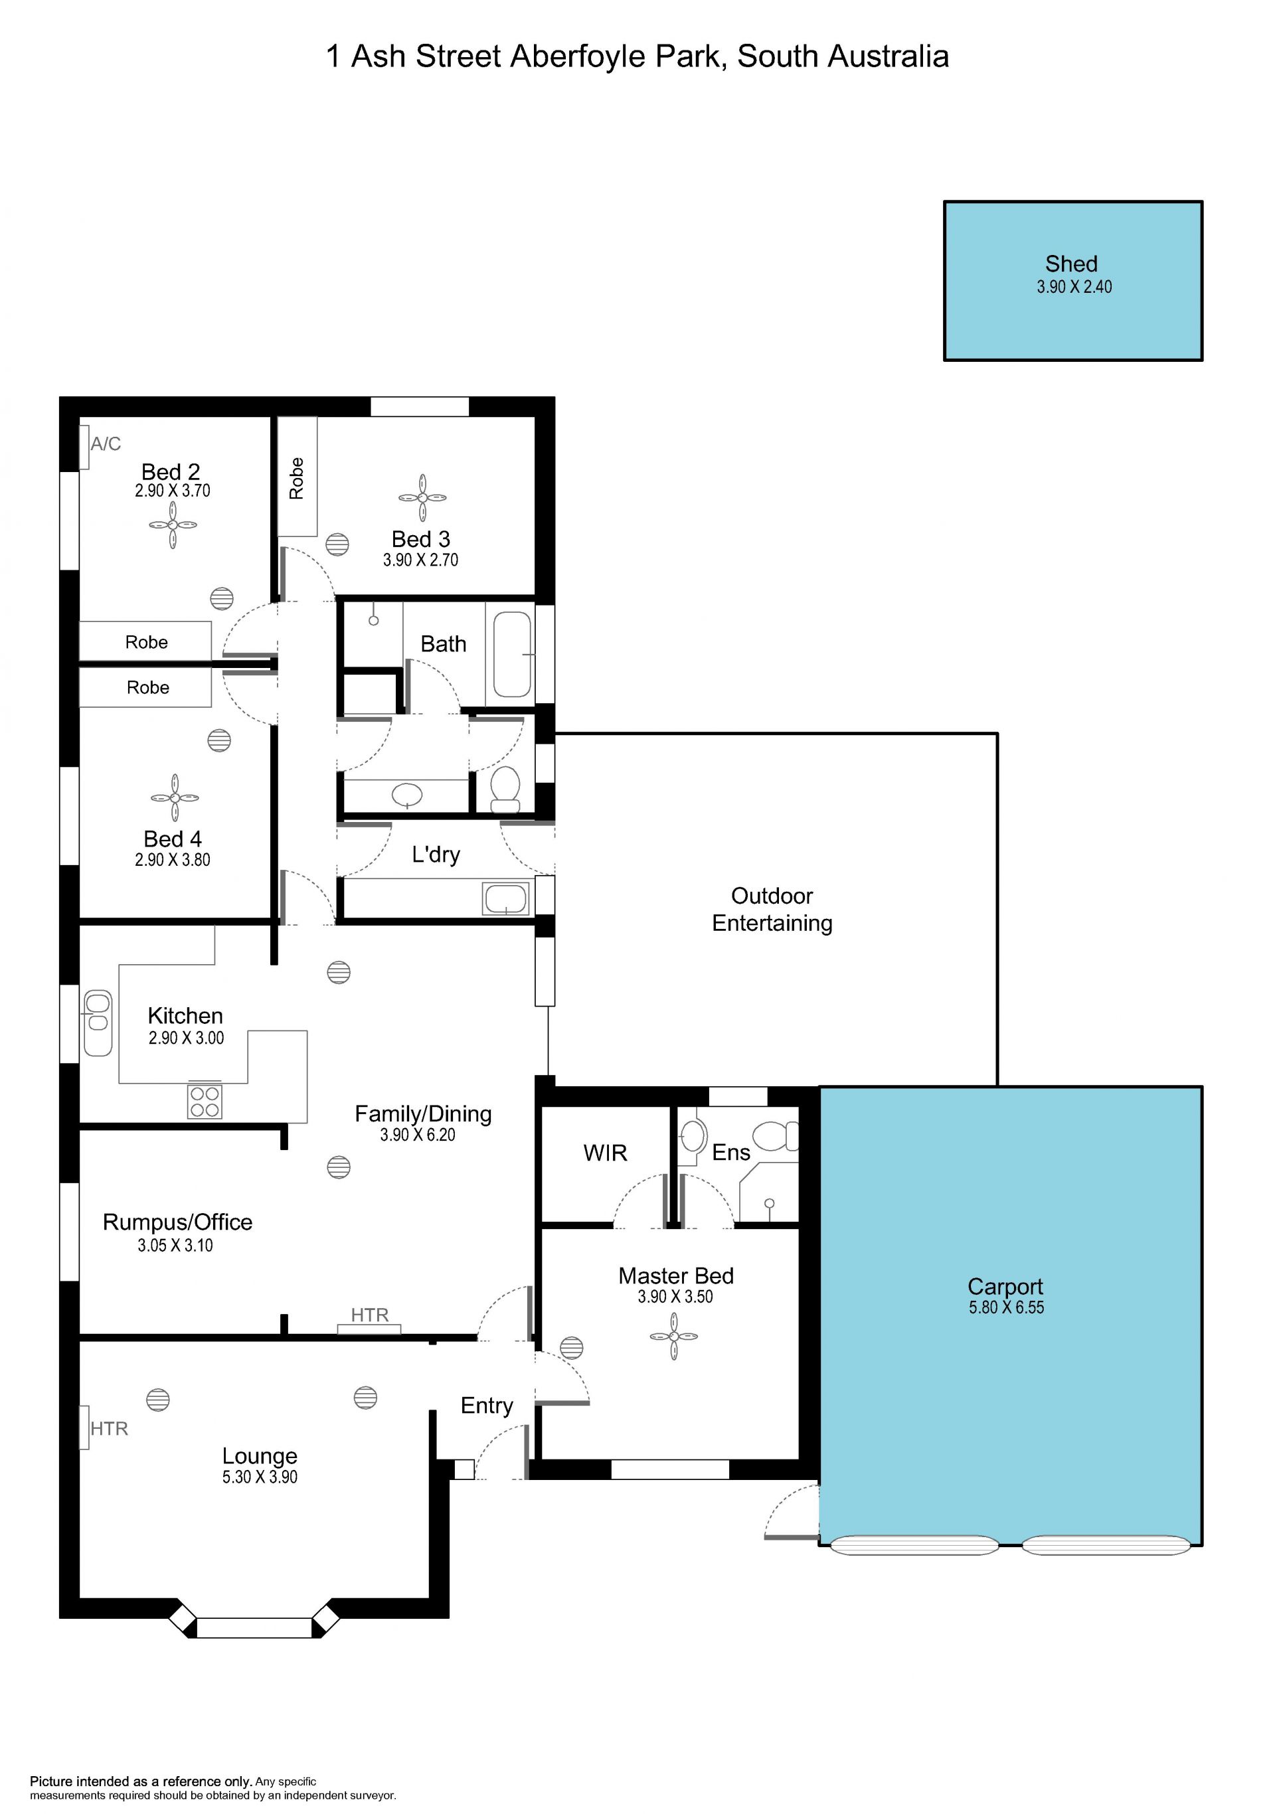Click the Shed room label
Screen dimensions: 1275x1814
[x=1070, y=264]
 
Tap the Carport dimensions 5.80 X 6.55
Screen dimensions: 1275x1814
[x=1007, y=1307]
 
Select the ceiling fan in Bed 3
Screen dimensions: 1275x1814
[x=422, y=498]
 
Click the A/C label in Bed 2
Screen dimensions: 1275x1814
[x=106, y=444]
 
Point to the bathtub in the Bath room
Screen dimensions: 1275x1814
[x=513, y=654]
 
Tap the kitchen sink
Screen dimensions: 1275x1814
[x=98, y=1023]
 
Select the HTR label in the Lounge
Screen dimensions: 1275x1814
[x=109, y=1428]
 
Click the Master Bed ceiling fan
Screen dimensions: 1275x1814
[x=674, y=1336]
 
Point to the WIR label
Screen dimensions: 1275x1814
[x=605, y=1153]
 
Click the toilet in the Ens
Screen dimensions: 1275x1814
[x=776, y=1136]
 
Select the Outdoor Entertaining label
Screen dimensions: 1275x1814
[x=772, y=910]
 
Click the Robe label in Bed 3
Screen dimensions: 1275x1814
[x=296, y=478]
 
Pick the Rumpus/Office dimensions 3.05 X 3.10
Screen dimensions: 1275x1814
[x=175, y=1246]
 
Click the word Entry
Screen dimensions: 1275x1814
[x=487, y=1406]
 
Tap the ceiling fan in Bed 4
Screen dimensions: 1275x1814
[x=175, y=798]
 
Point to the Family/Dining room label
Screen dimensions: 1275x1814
[x=422, y=1114]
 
